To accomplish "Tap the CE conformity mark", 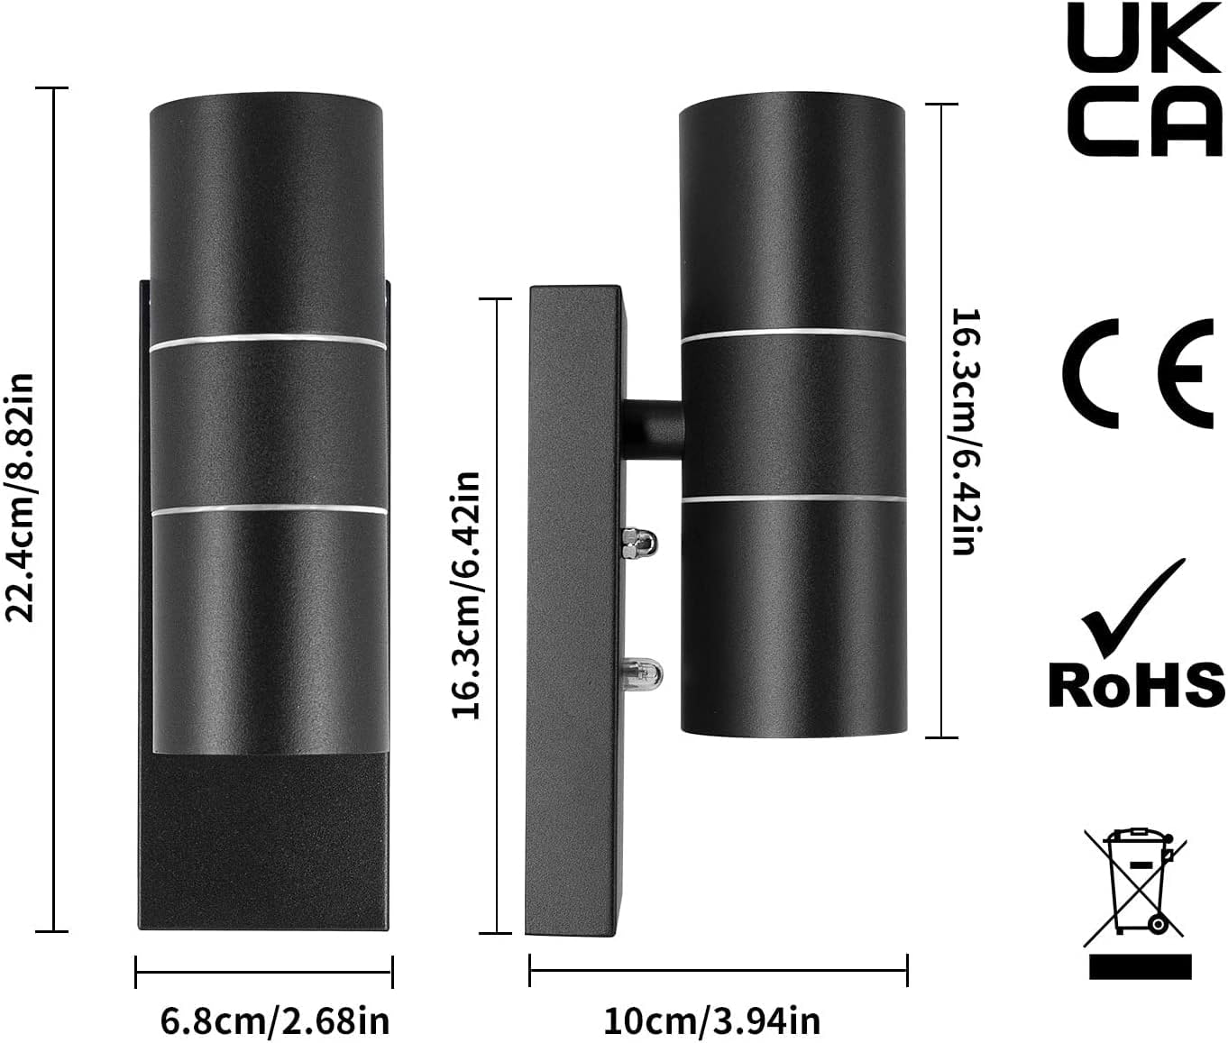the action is pyautogui.click(x=1137, y=373).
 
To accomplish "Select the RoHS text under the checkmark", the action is pyautogui.click(x=1136, y=685).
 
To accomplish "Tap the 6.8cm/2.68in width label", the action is pyautogui.click(x=274, y=1021).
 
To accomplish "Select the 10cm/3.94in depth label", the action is pyautogui.click(x=711, y=1021).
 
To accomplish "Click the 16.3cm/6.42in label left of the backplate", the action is pyautogui.click(x=466, y=596).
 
